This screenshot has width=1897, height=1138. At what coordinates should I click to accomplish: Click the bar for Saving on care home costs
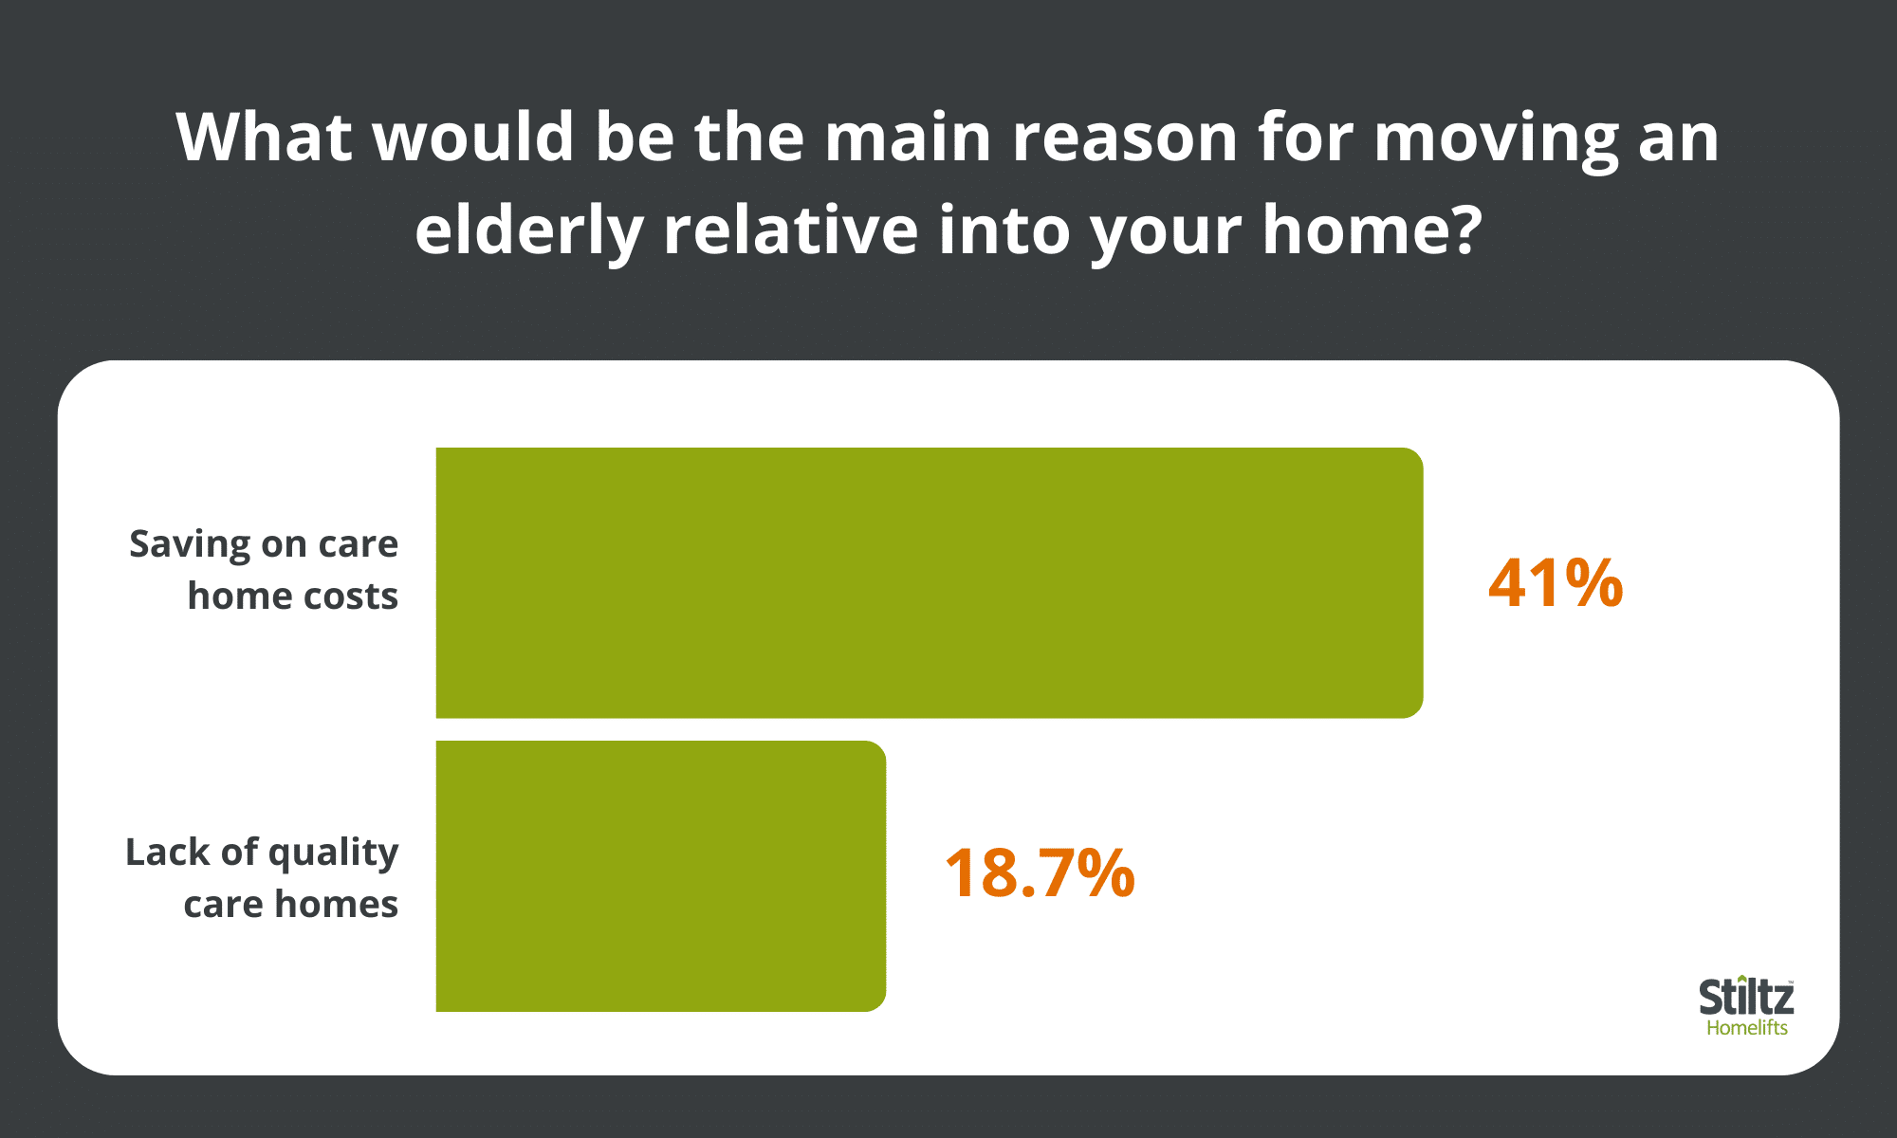930,582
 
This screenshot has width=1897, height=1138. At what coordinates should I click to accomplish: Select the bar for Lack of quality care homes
661,876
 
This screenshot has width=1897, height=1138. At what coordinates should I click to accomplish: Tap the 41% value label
1556,583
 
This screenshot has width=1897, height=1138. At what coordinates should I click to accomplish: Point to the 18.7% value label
1040,873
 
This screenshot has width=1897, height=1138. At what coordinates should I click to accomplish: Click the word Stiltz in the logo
1746,998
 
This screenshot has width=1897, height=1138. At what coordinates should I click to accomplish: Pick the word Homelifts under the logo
1747,1028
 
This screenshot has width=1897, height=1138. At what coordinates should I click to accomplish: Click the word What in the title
264,138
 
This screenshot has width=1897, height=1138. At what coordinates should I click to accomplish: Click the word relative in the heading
791,229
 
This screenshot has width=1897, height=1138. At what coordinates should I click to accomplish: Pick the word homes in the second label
336,904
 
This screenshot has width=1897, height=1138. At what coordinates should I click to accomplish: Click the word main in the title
909,138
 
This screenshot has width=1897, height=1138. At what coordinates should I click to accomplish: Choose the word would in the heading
473,138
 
